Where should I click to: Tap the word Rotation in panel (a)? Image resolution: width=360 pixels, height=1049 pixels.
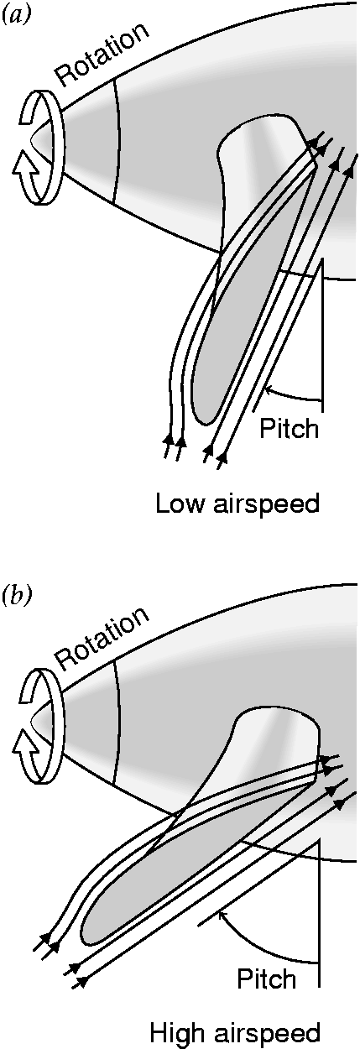[x=102, y=56]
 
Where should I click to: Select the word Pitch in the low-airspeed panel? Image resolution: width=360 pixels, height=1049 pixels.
[x=289, y=428]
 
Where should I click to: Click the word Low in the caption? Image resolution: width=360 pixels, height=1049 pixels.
[x=180, y=504]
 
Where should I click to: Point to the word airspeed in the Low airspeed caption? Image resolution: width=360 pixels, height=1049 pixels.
[x=265, y=505]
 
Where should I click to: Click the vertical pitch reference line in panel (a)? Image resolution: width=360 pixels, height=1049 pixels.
[x=322, y=331]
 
